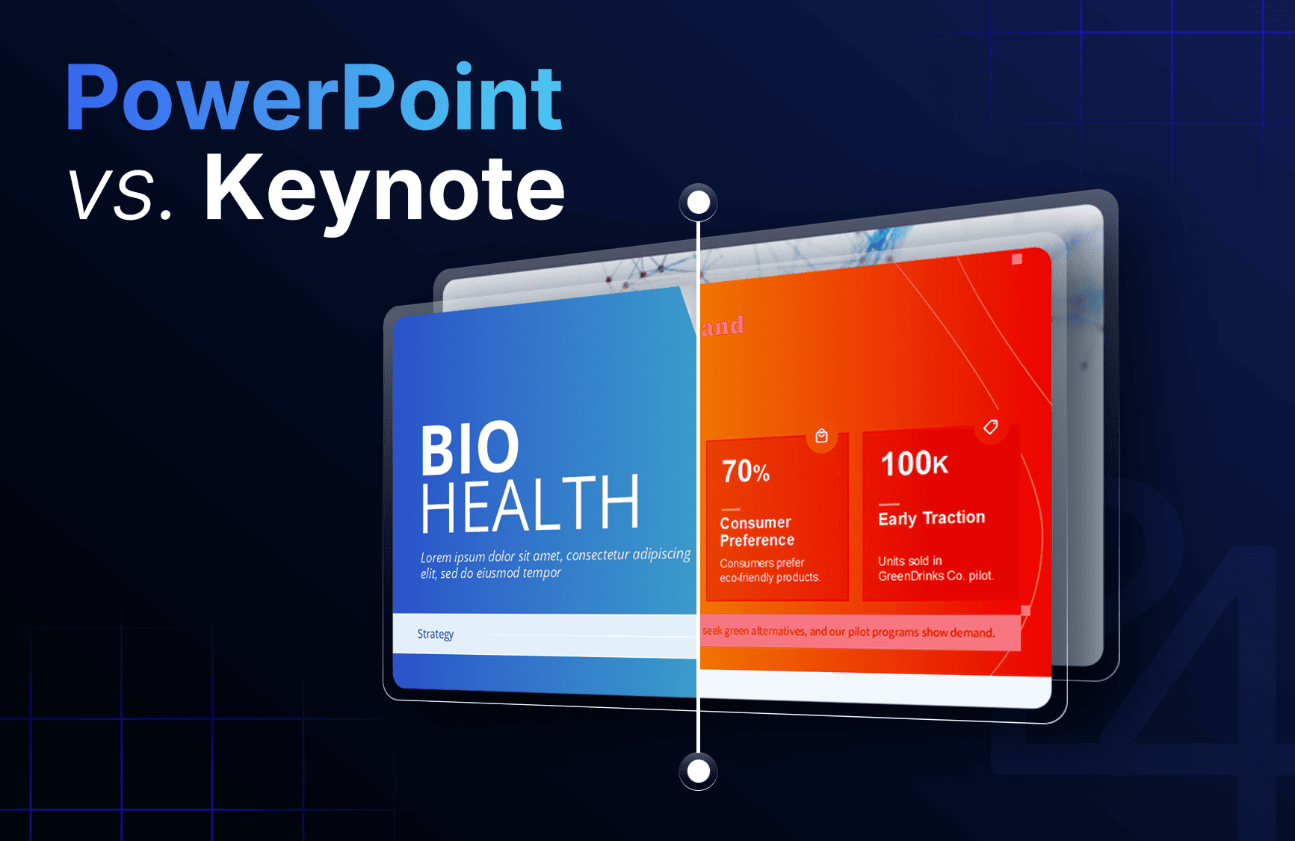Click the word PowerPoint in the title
click(314, 99)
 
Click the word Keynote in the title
click(384, 188)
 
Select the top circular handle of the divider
click(698, 203)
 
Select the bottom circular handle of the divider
click(698, 771)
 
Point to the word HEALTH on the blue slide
click(529, 505)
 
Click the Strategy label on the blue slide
click(435, 634)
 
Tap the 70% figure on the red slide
click(745, 471)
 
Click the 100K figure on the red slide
click(914, 463)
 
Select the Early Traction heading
click(931, 518)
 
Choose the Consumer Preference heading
click(756, 531)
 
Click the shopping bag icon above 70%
click(821, 436)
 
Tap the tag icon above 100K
click(990, 427)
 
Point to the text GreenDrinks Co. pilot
click(936, 576)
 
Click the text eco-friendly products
click(770, 578)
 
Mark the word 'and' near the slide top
click(723, 326)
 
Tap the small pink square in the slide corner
click(1016, 259)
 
